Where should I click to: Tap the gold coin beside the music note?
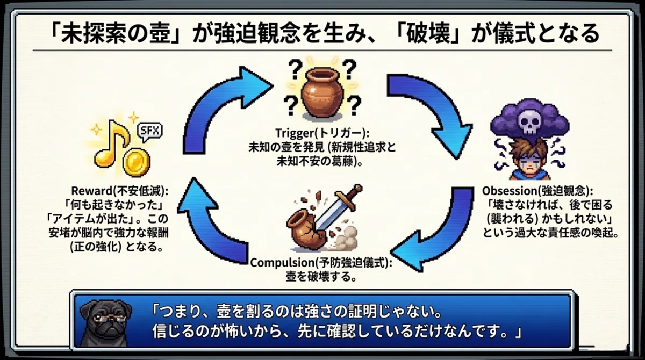136,163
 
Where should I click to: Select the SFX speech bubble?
149,132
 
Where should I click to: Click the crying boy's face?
530,162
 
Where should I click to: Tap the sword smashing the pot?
338,208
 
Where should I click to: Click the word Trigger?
295,134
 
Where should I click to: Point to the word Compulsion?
283,263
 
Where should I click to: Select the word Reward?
91,191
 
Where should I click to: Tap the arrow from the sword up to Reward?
207,227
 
